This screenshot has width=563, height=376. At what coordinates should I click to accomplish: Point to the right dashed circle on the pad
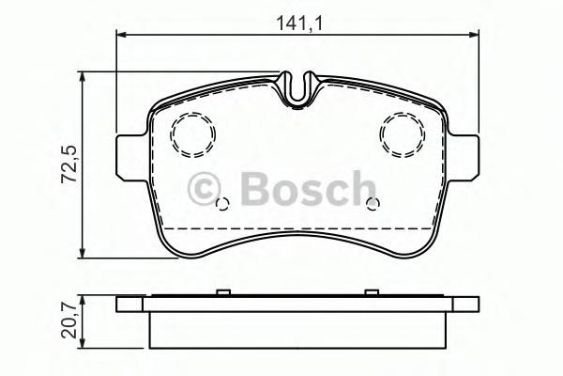pyautogui.click(x=404, y=133)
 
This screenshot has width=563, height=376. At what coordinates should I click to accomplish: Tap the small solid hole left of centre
pyautogui.click(x=221, y=204)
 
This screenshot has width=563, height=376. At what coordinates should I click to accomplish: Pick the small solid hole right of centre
pyautogui.click(x=373, y=204)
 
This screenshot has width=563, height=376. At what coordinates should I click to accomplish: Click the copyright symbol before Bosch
pyautogui.click(x=204, y=189)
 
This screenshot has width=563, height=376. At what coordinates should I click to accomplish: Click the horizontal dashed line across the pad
pyautogui.click(x=299, y=227)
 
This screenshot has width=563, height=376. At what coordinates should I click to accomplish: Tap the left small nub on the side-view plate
pyautogui.click(x=218, y=293)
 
